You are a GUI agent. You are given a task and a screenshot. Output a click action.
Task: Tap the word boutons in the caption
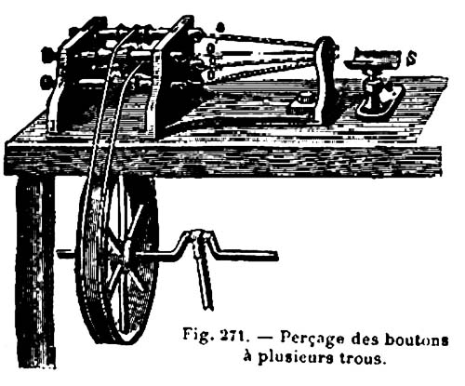tap(417, 339)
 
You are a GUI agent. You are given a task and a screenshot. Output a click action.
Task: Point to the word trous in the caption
tap(364, 358)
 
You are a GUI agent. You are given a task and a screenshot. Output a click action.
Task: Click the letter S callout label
tap(411, 59)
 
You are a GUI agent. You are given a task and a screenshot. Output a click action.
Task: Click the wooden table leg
tap(35, 273)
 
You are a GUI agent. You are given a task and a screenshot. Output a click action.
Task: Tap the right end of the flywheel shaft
tap(275, 256)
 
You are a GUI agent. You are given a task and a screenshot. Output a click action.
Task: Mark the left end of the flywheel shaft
tap(59, 254)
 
